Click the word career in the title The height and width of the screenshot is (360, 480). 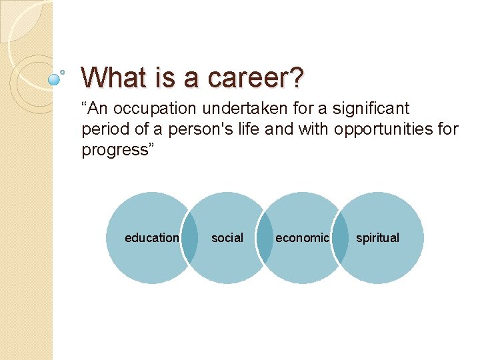[247, 77]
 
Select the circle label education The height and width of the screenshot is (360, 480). [151, 238]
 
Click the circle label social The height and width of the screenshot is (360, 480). [227, 238]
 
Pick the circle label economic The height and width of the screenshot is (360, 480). [302, 238]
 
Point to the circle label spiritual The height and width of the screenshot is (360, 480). [377, 238]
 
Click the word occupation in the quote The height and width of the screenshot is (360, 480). [158, 109]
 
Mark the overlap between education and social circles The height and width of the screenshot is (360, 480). [189, 238]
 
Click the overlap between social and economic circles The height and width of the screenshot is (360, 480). [265, 238]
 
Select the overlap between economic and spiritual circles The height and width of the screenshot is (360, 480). [340, 238]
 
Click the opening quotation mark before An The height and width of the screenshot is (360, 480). [85, 105]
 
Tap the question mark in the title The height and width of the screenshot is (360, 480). [297, 77]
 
